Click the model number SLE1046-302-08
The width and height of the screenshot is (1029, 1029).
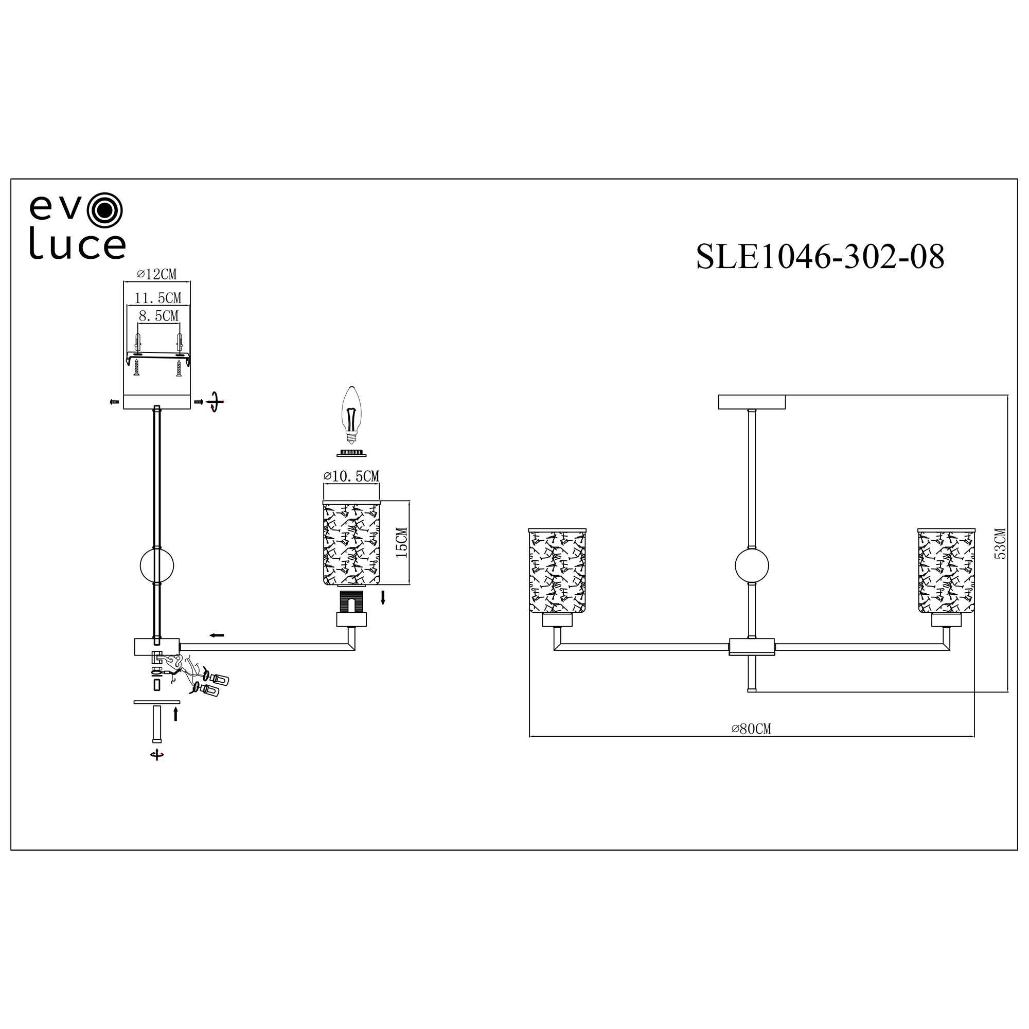(x=820, y=257)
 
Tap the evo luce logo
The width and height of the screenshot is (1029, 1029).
(x=78, y=226)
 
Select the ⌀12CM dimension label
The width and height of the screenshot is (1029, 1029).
(x=156, y=274)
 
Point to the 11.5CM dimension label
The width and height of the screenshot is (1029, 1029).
(x=157, y=298)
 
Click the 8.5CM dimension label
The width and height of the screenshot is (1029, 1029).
(x=158, y=316)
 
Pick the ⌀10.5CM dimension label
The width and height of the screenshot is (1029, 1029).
(x=351, y=476)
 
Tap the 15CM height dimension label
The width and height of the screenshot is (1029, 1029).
(x=402, y=543)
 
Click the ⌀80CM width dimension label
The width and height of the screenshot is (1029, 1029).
(x=751, y=729)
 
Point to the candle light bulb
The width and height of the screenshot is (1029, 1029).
(x=351, y=415)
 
